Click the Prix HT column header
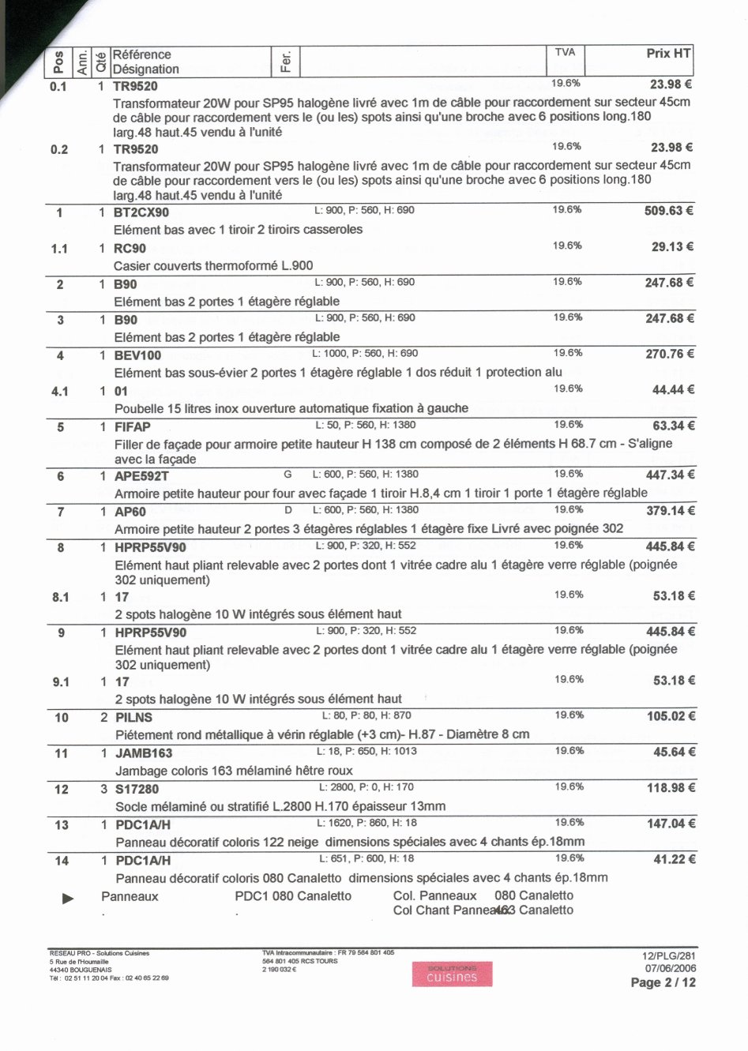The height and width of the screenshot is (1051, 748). coord(668,54)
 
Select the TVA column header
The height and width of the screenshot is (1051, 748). coord(565,52)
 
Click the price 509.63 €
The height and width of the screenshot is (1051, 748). coord(668,212)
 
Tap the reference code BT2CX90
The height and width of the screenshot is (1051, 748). coord(141,212)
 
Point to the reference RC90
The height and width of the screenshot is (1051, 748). coord(130,249)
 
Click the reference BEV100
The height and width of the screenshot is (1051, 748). coord(137,356)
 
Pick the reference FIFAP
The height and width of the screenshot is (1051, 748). coord(132,427)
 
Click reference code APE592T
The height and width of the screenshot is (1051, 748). coord(141,477)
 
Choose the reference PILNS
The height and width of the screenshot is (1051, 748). coord(133,718)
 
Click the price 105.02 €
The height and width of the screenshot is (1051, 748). coord(670,716)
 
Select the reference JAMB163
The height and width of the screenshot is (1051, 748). coord(144,753)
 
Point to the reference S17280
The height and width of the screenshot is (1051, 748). coord(137,790)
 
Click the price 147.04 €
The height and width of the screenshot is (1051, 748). coord(671,824)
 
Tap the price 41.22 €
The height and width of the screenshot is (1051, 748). coord(674,859)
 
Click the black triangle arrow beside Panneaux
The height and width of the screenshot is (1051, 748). coord(68,898)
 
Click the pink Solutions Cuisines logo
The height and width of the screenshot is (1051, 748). coord(452,974)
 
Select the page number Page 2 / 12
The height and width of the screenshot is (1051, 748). coord(663,983)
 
